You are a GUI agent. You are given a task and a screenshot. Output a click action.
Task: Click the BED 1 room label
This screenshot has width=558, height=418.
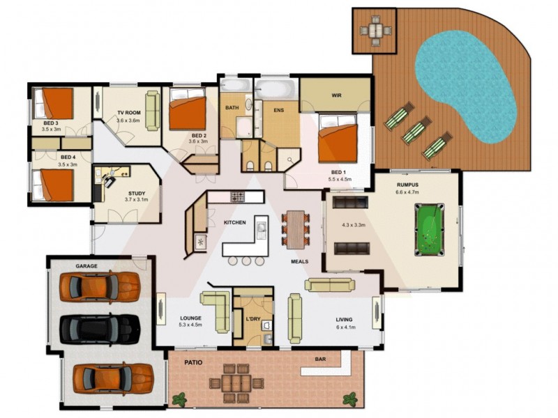(x=339, y=171)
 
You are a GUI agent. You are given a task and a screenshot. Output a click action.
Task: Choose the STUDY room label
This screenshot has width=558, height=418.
(x=137, y=193)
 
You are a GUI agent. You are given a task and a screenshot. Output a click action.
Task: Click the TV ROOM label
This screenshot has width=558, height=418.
(x=128, y=112)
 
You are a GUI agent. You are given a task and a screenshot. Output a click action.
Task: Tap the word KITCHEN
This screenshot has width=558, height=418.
(x=234, y=222)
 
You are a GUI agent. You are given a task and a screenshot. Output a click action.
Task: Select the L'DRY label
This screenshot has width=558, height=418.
(x=253, y=319)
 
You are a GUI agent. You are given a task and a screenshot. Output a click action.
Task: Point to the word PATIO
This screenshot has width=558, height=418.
(x=193, y=363)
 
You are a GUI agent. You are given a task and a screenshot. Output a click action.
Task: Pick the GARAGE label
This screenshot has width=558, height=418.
(x=86, y=266)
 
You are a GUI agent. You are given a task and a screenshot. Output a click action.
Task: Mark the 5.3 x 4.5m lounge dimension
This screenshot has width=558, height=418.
(x=190, y=325)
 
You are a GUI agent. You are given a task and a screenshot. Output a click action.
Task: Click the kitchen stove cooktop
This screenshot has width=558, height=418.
(x=238, y=197)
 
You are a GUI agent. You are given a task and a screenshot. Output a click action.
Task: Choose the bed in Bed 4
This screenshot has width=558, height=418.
(x=54, y=185)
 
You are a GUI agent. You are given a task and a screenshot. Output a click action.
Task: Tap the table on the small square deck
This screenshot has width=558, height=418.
(x=375, y=30)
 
